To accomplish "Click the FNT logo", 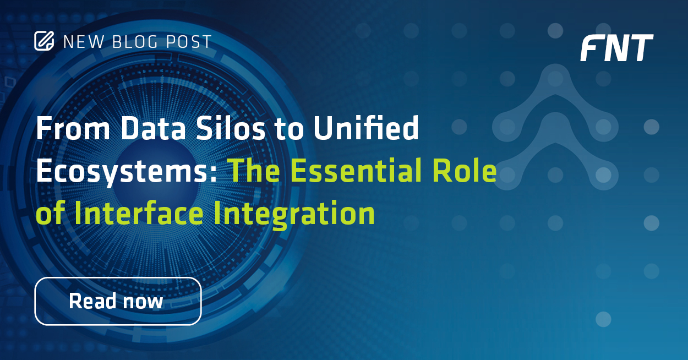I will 616,48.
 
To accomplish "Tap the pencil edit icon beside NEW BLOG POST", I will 44,41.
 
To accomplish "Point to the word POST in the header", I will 190,42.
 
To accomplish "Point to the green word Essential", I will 356,172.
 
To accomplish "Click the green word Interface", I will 140,214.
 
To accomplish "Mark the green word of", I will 50,214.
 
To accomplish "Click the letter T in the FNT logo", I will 640,48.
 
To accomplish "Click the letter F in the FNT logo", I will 592,48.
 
